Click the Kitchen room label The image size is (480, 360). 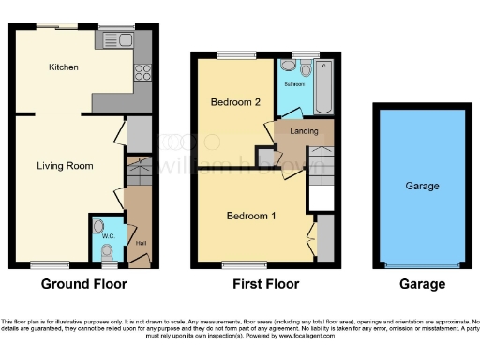(x=64, y=67)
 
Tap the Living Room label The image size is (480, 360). (x=65, y=166)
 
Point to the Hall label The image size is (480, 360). (x=140, y=244)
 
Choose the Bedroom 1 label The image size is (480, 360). (x=251, y=216)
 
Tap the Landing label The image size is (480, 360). (x=304, y=130)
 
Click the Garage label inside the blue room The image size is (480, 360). (x=422, y=187)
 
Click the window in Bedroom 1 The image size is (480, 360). (x=234, y=263)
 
